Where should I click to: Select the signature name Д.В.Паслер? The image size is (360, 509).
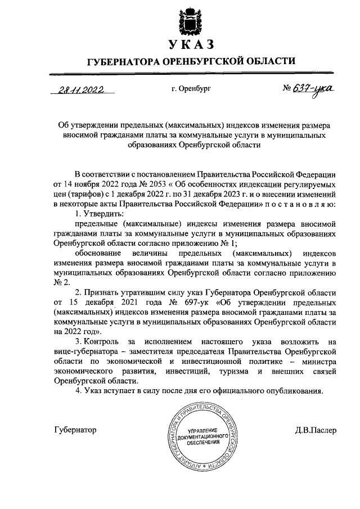pyautogui.click(x=316, y=430)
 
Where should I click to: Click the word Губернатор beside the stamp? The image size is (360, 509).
pyautogui.click(x=75, y=430)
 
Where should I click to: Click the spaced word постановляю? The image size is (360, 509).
pyautogui.click(x=292, y=203)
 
